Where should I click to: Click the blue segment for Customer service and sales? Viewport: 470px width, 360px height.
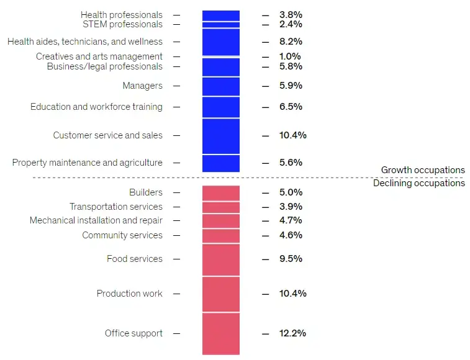pos(220,136)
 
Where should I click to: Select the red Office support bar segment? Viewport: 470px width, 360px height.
pos(220,333)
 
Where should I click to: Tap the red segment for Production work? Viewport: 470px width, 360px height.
pos(220,294)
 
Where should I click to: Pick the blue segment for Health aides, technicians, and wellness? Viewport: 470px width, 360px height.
pos(220,42)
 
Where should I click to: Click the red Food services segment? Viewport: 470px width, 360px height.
pos(220,259)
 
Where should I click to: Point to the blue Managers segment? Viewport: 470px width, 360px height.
pos(220,86)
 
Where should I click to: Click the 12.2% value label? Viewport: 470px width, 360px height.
pos(292,333)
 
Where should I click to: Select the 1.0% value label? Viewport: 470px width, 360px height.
pos(291,56)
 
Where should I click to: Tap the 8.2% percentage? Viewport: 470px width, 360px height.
pos(291,42)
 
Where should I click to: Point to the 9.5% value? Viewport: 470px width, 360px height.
pos(291,259)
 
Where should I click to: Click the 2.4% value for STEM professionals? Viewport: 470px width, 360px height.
pos(291,24)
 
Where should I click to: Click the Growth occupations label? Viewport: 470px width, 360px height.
pos(422,170)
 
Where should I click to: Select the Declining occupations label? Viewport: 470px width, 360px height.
pos(418,183)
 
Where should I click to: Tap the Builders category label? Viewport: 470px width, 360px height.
pos(146,192)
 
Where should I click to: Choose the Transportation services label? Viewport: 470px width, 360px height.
pos(116,207)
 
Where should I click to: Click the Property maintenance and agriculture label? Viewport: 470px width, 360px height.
pos(88,163)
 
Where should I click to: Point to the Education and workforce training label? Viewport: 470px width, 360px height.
pos(96,107)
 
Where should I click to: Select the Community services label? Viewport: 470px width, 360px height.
pos(122,235)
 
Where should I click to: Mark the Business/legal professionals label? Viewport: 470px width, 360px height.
pos(105,66)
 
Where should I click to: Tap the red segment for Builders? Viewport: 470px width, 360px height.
pos(220,192)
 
